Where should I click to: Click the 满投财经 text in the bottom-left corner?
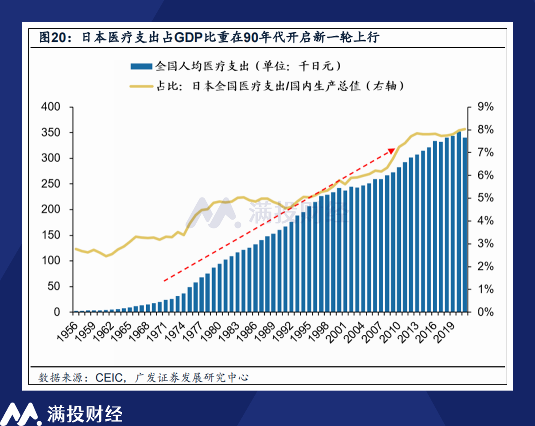coord(85,414)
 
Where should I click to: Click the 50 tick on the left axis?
coord(53,287)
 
